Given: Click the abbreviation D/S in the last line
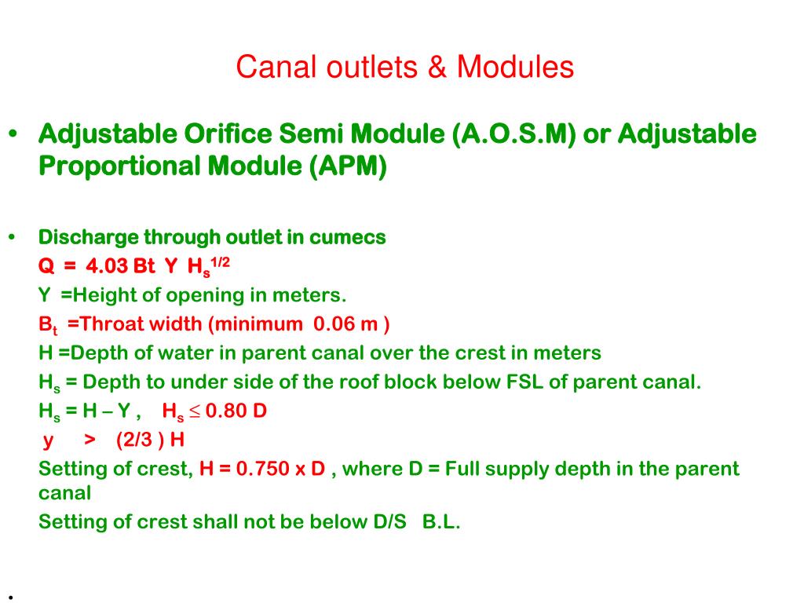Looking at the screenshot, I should click(390, 522).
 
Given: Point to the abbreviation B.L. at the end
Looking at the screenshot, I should click(440, 522).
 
